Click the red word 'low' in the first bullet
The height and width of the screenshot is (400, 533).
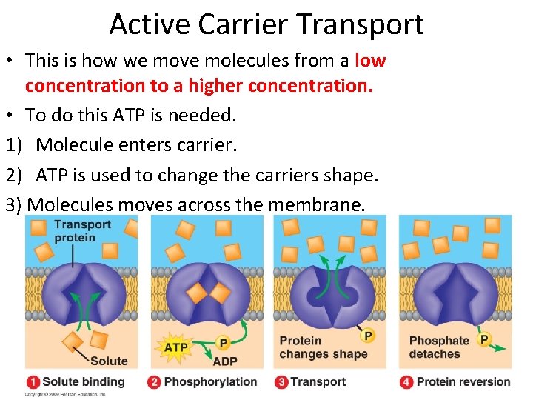point(370,60)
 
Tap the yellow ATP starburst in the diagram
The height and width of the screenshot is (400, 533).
point(175,347)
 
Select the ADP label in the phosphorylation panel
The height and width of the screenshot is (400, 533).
point(224,361)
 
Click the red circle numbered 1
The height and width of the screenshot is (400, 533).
point(33,382)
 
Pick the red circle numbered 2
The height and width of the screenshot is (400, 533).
point(155,382)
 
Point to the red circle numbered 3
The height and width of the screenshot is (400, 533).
point(281,382)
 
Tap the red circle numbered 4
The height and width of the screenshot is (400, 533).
point(406,382)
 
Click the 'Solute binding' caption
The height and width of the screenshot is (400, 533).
point(84,382)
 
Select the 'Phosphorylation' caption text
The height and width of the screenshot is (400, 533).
point(210,382)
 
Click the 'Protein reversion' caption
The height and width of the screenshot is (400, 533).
point(463,382)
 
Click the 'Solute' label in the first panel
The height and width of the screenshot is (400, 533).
point(109,361)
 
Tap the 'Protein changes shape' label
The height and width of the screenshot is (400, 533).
point(323,347)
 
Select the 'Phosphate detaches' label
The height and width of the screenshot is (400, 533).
point(438,347)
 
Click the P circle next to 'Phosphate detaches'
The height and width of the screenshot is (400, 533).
point(483,339)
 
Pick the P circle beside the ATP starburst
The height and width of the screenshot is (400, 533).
point(223,343)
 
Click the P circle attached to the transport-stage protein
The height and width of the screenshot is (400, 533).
point(368,335)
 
